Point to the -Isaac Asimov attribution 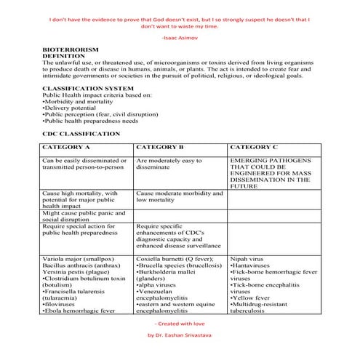(179, 36)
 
